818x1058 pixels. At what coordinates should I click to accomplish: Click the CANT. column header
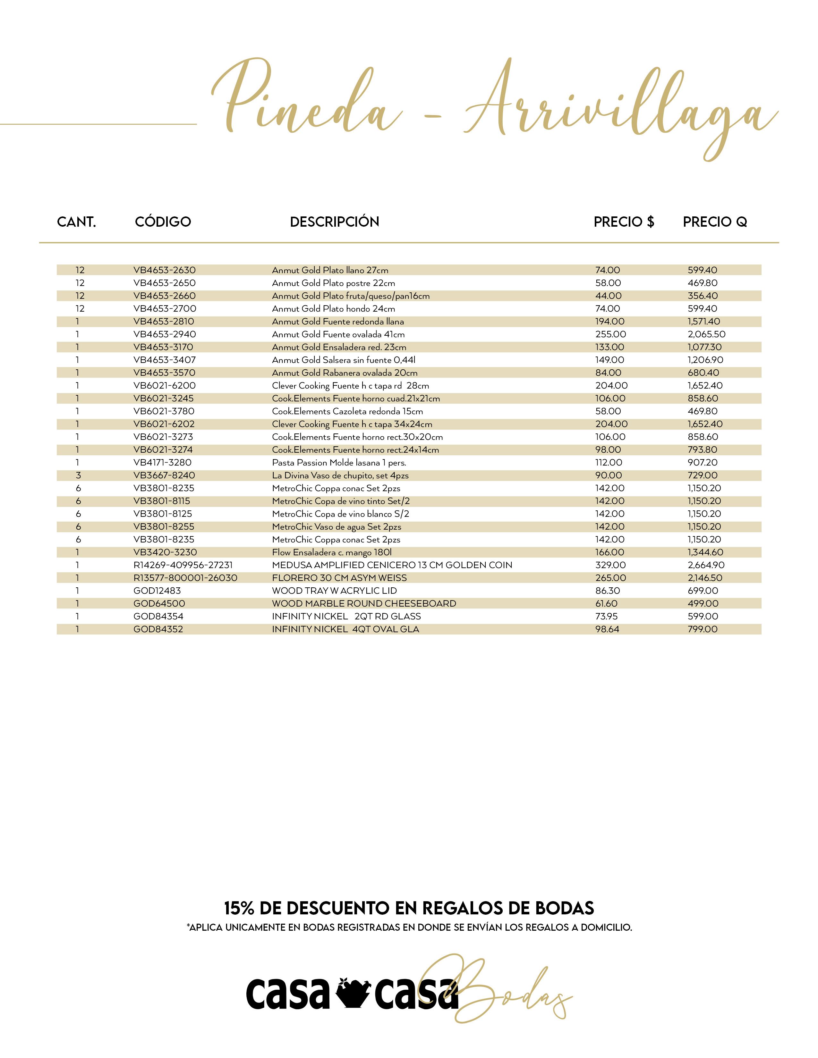coord(77,222)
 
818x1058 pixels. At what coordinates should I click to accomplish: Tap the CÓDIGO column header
coord(163,222)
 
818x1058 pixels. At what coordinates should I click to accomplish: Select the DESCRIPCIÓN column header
coord(334,222)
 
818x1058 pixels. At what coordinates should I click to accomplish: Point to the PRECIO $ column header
coord(624,222)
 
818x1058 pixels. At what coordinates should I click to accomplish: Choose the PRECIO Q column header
coord(715,222)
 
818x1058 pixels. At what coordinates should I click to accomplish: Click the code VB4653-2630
coord(164,270)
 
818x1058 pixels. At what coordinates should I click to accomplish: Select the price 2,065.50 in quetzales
coord(706,334)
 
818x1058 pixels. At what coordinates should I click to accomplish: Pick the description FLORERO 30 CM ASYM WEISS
coord(339,578)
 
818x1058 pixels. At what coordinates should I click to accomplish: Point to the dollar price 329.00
coord(610,565)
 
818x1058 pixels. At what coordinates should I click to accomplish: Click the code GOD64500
coord(159,604)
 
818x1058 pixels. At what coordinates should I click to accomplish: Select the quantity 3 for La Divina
coord(78,475)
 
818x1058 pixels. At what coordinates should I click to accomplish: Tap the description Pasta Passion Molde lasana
coord(339,463)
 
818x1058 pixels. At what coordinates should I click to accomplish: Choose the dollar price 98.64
coord(607,629)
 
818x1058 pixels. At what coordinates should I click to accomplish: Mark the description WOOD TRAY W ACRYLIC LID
coord(334,591)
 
